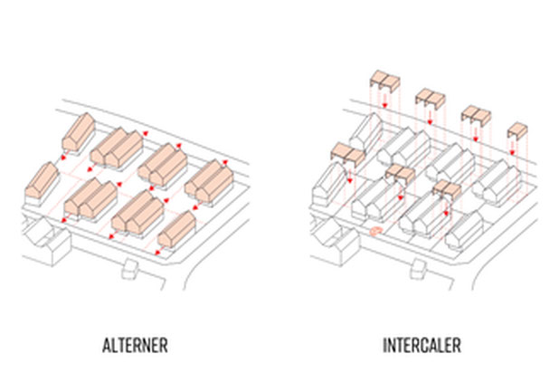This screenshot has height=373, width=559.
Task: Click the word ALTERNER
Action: point(136,345)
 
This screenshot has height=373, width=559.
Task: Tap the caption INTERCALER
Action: point(421,345)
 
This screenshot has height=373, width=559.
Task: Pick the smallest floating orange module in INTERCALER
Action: point(516,129)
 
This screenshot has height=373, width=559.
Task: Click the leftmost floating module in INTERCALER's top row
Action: point(383,79)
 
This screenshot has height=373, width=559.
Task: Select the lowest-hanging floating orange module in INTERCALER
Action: point(445,191)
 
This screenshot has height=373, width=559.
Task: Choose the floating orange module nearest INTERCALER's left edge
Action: point(344,152)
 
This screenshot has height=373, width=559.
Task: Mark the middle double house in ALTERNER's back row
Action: point(162,162)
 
